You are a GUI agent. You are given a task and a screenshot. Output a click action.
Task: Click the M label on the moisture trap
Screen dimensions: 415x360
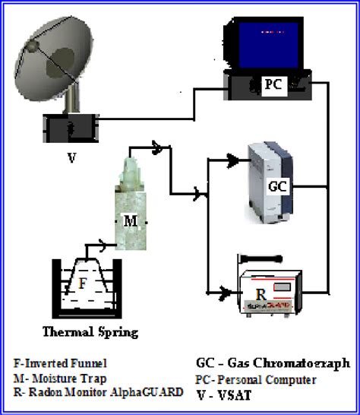click(x=130, y=220)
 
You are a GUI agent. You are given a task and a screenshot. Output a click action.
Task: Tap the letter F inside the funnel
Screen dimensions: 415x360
click(x=84, y=283)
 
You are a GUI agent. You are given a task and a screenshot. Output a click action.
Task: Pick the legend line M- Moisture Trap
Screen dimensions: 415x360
click(x=60, y=378)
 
